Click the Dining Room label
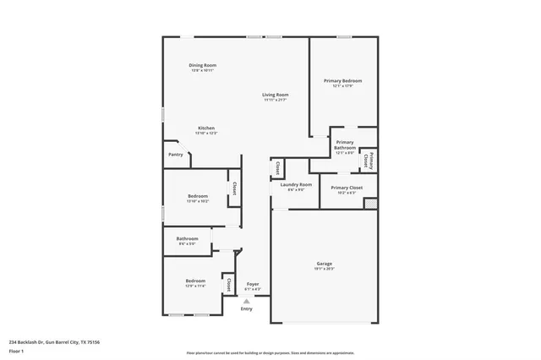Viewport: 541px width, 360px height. [x=202, y=65]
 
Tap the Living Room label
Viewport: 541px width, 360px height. [x=275, y=95]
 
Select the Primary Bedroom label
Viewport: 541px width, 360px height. [x=342, y=81]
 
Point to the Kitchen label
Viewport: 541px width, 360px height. [x=206, y=128]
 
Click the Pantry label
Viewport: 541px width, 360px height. [x=176, y=155]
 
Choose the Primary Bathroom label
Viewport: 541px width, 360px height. [x=345, y=145]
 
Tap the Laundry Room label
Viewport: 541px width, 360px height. [x=296, y=184]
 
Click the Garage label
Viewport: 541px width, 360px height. [x=325, y=264]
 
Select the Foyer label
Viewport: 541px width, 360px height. [x=253, y=284]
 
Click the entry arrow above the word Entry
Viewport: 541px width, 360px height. [x=247, y=301]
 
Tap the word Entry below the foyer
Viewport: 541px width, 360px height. [x=246, y=309]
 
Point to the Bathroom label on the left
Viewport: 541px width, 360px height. [x=187, y=238]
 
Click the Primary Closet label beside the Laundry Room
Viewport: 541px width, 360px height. [x=347, y=188]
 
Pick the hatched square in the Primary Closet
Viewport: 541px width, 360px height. [x=369, y=204]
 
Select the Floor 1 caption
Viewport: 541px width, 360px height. [x=16, y=350]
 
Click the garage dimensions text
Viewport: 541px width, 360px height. [x=325, y=269]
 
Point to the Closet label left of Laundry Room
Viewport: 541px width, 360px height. [x=277, y=167]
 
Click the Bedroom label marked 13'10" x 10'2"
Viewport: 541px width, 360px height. [x=197, y=196]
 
